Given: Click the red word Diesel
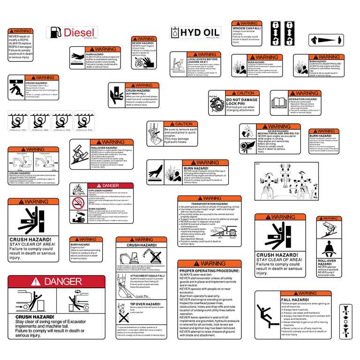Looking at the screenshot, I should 79,32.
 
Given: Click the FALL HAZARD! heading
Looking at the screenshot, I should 295,300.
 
